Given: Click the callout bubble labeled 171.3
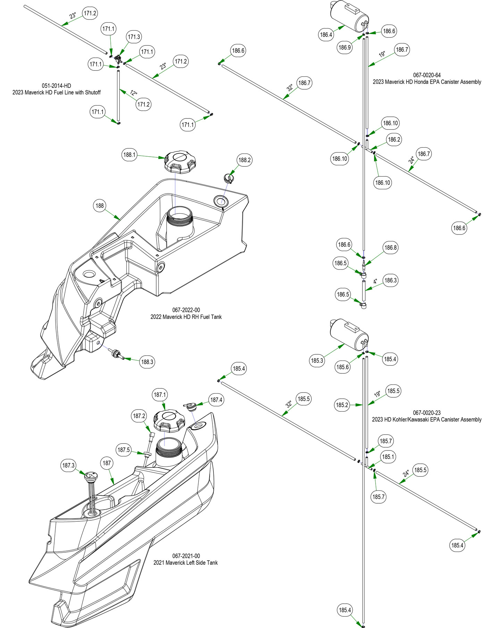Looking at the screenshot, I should (x=134, y=37).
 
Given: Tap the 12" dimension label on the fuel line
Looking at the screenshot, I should (x=134, y=93).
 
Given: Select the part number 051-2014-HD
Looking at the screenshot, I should (x=57, y=86).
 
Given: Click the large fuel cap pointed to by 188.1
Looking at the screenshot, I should (x=180, y=162).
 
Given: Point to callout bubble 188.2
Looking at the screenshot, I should (x=244, y=160).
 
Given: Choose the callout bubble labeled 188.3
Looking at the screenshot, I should (x=147, y=362).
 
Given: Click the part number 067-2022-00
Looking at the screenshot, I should (x=186, y=310).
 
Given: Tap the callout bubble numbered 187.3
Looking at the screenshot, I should (x=68, y=465).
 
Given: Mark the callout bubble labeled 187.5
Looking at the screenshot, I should (x=124, y=450).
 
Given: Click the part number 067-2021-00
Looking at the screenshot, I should (x=186, y=556).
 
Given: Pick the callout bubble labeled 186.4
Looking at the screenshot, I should (x=326, y=35).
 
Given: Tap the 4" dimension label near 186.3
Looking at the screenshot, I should (x=375, y=281).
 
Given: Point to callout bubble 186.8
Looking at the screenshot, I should (x=390, y=248).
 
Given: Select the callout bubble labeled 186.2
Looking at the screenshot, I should (x=394, y=140).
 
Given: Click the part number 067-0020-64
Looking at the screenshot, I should (x=427, y=75).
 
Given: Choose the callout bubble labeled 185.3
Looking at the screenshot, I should (x=317, y=361).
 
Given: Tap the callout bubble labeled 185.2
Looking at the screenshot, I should (x=342, y=405).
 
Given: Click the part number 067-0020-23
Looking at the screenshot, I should (x=427, y=413).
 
